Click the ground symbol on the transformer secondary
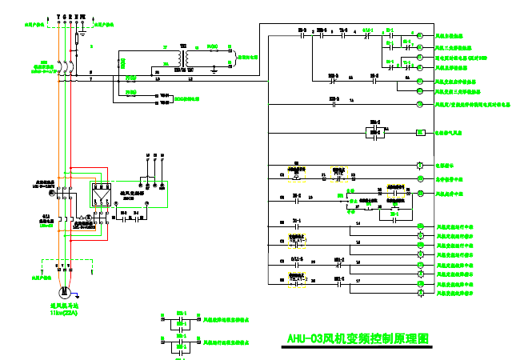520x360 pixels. [214, 70]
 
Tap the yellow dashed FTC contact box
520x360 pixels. [338, 170]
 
